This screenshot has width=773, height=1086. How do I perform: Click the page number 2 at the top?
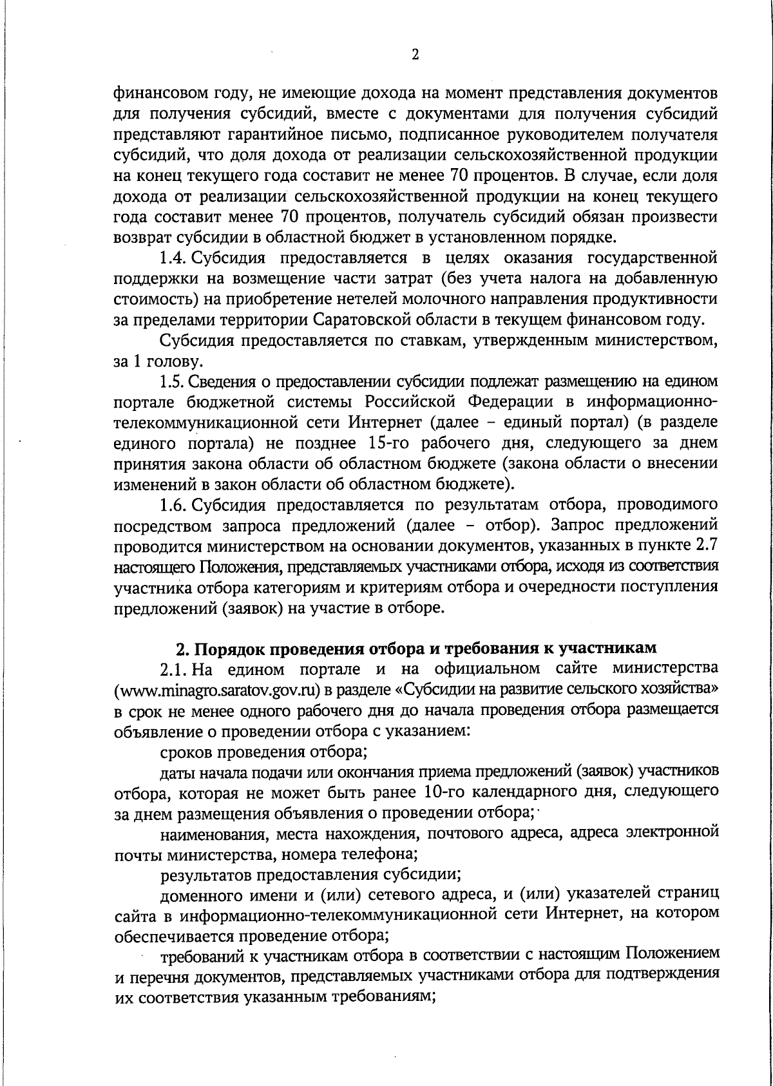coord(415,55)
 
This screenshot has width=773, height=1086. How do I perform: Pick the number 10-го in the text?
coord(450,792)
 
